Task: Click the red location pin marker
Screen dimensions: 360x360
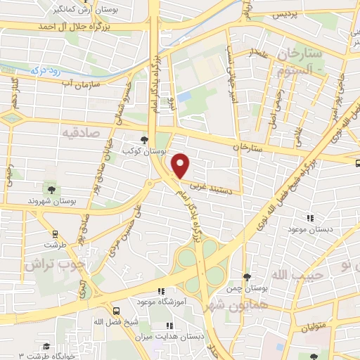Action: click(x=181, y=166)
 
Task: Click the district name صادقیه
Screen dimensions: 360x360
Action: click(x=79, y=131)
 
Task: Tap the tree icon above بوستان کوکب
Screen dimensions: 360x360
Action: click(x=144, y=140)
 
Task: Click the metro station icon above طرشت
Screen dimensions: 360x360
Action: click(x=54, y=234)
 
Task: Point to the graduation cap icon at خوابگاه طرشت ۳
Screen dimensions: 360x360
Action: click(x=46, y=346)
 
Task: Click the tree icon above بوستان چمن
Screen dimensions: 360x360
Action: click(x=246, y=277)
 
